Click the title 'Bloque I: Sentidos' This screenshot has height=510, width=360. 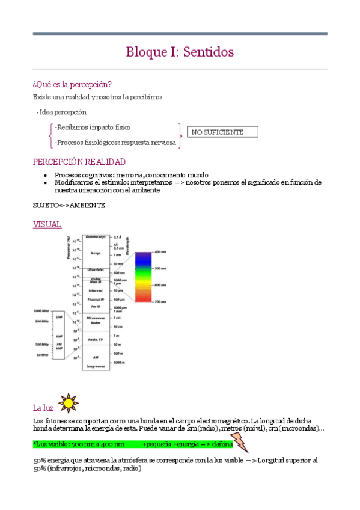180,52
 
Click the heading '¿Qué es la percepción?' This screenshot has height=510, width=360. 72,84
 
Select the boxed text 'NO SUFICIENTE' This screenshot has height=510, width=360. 218,132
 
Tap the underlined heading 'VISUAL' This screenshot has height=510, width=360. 47,224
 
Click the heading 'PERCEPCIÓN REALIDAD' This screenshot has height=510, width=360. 79,162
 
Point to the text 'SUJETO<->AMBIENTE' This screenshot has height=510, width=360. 69,205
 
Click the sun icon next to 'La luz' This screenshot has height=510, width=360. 67,401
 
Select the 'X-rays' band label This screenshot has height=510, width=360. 96,253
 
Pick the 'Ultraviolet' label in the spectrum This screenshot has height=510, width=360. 96,270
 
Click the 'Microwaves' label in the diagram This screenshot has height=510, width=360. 96,318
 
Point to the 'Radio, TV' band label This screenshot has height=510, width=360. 96,340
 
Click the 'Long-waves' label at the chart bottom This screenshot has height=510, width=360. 96,366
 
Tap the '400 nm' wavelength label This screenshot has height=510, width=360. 160,251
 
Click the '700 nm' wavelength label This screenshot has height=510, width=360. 160,301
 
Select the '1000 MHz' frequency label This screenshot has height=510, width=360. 41,311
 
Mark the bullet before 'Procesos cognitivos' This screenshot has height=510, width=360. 46,175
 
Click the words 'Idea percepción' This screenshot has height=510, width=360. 63,112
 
